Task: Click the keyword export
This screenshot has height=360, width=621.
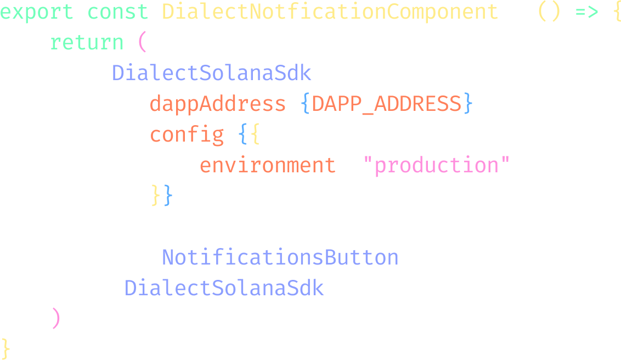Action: click(x=36, y=12)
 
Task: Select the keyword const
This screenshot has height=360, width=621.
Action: click(x=117, y=12)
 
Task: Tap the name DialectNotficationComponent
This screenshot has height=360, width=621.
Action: click(x=330, y=12)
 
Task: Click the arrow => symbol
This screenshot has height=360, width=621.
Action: click(x=586, y=12)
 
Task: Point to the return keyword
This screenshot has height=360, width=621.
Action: click(x=87, y=42)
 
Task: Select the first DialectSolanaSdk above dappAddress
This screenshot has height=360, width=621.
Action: click(x=212, y=73)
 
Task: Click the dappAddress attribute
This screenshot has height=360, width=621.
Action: click(x=217, y=104)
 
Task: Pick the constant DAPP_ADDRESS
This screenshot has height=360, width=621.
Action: click(x=387, y=104)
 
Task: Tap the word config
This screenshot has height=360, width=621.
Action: click(x=187, y=134)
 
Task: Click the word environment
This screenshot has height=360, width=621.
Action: click(x=268, y=165)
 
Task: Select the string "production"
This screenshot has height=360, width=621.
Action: click(x=436, y=165)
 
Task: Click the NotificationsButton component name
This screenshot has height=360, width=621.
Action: click(x=280, y=257)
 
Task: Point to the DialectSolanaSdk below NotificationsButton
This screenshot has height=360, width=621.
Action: click(x=224, y=288)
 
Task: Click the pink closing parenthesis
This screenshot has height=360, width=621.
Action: click(x=56, y=318)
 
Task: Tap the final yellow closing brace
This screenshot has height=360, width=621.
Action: click(x=5, y=348)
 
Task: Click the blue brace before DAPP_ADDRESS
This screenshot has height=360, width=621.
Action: click(x=305, y=103)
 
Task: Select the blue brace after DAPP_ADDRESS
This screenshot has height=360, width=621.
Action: click(x=468, y=103)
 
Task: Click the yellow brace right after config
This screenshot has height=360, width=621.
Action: click(x=256, y=134)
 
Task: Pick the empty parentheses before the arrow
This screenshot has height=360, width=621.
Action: click(x=549, y=12)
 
